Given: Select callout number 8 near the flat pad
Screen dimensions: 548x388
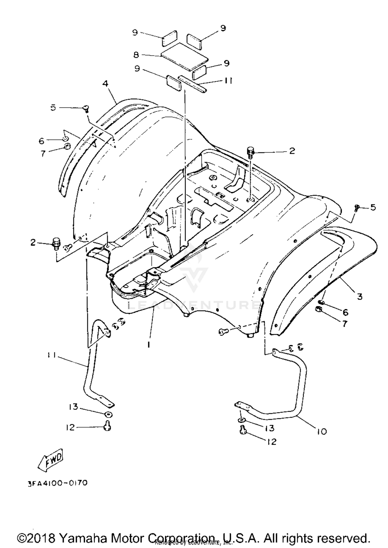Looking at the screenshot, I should (136, 55).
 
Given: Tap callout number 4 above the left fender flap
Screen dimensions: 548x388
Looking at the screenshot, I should (105, 83).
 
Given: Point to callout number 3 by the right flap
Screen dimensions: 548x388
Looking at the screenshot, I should (360, 296).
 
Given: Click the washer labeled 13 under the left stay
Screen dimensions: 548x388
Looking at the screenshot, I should (108, 414).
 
